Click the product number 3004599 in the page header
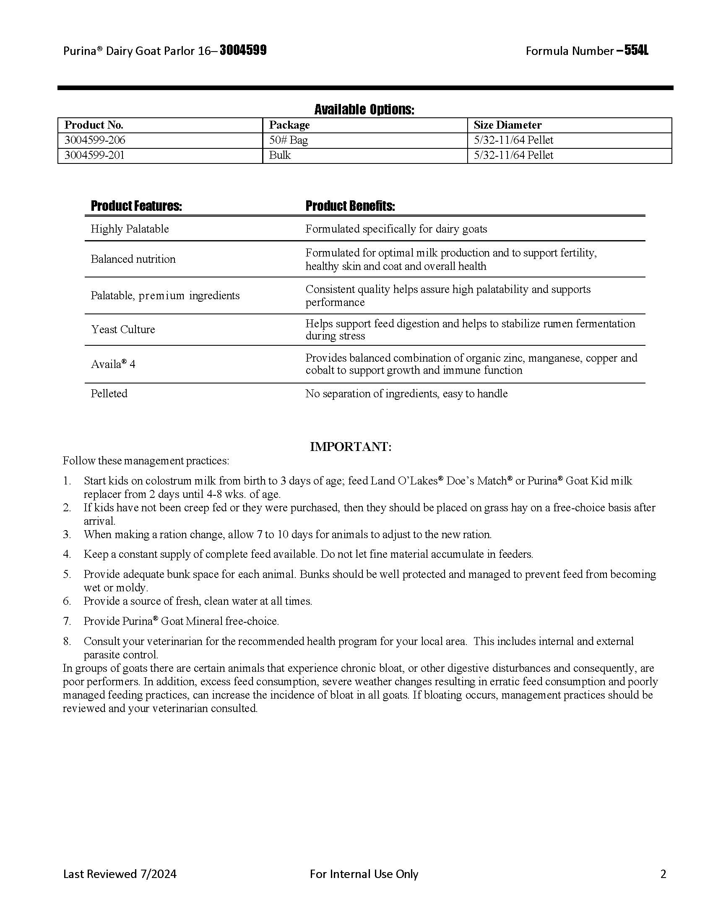tap(243, 51)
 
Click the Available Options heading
tap(364, 110)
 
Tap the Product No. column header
tap(94, 125)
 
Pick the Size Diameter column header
tap(507, 125)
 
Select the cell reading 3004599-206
tap(95, 140)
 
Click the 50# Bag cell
tap(289, 140)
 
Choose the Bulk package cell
tap(280, 155)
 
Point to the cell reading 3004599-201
tap(94, 155)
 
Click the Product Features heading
tap(136, 206)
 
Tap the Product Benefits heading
tap(350, 206)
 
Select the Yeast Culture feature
tap(123, 329)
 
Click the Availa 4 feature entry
tap(113, 364)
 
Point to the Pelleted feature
tap(109, 394)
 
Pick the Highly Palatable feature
tap(130, 229)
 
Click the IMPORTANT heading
tap(351, 447)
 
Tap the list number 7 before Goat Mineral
tap(67, 621)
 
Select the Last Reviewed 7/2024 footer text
tap(120, 874)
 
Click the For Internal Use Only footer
tap(364, 874)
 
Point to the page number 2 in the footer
tap(663, 874)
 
